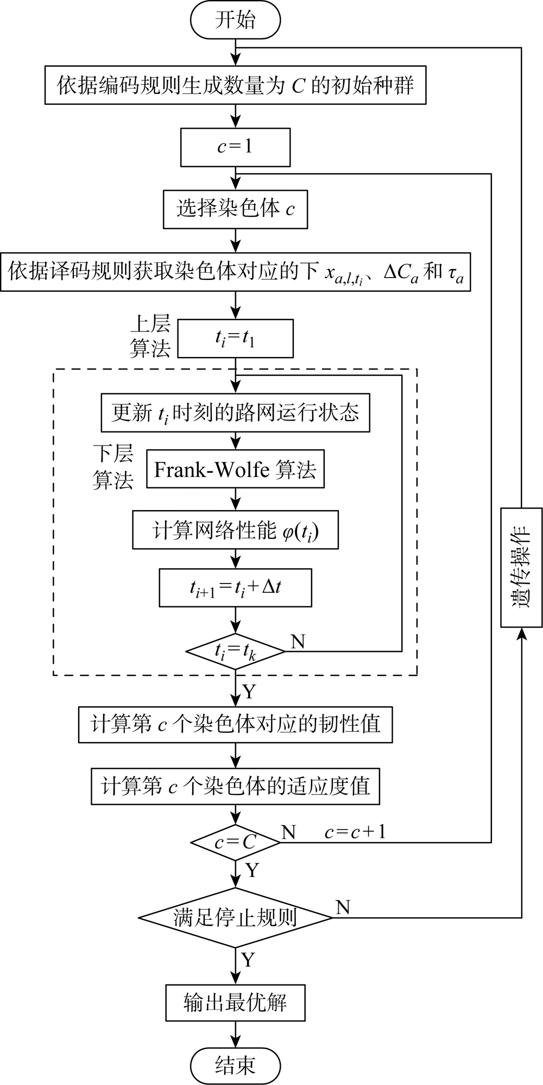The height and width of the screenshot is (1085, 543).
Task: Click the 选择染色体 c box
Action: pos(235,209)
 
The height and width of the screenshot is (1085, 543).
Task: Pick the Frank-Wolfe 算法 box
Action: pos(235,469)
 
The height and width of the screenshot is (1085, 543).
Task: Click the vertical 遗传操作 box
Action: pos(521,567)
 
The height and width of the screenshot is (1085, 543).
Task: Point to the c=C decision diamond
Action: pos(235,843)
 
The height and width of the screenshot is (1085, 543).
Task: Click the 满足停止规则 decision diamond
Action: pos(235,918)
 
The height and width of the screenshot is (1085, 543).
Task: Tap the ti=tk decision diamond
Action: pos(235,650)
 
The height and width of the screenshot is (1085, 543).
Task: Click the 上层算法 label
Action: pos(150,338)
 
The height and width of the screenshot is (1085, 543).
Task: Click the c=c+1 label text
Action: pos(355,832)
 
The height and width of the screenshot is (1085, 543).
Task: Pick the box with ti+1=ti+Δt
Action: pos(235,588)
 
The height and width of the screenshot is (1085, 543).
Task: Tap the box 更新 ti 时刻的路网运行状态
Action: pos(235,413)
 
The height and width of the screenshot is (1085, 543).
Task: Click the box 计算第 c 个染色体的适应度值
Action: pos(235,786)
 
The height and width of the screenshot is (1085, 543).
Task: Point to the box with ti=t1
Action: pos(235,339)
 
